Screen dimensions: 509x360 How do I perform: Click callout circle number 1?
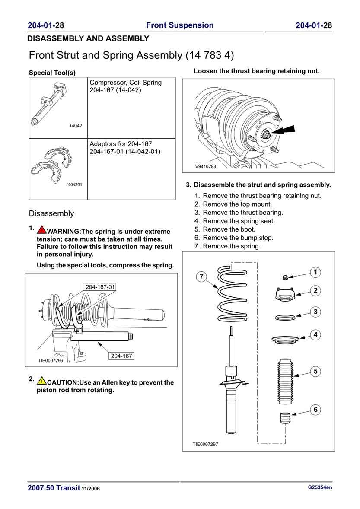tap(315, 272)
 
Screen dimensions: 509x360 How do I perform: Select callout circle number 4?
tap(315, 334)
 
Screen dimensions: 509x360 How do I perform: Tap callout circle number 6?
tap(315, 410)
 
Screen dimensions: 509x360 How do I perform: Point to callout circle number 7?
tap(201, 277)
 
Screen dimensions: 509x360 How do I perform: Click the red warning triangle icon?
tap(42, 231)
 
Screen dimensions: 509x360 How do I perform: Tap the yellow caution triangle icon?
tap(41, 381)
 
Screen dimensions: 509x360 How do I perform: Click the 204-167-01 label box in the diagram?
tap(100, 287)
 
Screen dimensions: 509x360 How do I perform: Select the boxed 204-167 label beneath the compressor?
tap(121, 356)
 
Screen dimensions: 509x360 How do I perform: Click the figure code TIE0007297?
tap(205, 444)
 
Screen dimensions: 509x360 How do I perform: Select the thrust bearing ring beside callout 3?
tap(286, 318)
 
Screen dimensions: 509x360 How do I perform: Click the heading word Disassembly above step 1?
tap(51, 213)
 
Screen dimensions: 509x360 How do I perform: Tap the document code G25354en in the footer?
tap(320, 487)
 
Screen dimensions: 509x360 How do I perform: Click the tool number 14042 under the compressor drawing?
tap(76, 126)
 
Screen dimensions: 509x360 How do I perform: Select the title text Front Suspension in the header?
tap(180, 25)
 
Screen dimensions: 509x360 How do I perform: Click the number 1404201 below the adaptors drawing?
tap(74, 185)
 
